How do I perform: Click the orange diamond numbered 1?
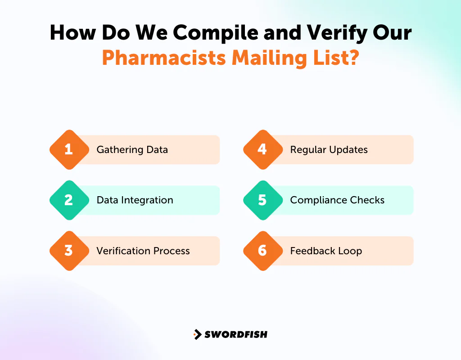point(69,149)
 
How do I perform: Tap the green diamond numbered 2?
point(69,200)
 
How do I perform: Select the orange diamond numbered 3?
point(69,251)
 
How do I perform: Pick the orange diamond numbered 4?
point(262,149)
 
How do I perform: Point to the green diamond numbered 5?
point(262,200)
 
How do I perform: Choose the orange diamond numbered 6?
point(262,251)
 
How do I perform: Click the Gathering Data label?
point(132,150)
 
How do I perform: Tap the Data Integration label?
point(135,200)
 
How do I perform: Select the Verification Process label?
point(143,251)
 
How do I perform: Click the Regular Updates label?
point(329,150)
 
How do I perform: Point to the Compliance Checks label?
point(337,200)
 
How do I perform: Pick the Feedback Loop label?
point(326,251)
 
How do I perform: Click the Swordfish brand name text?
point(236,334)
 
